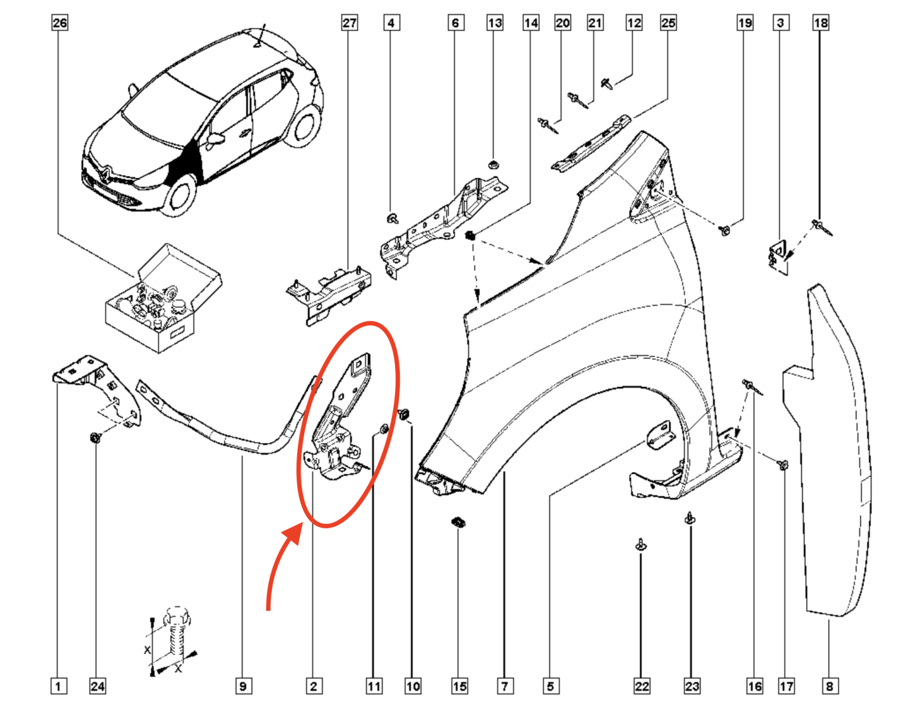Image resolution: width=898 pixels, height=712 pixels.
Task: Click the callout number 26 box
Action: pos(60,23)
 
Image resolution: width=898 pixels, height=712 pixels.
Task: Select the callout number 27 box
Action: pos(350,23)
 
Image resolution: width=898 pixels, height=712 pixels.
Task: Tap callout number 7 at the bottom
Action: pos(504,686)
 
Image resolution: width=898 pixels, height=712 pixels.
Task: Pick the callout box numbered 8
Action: pos(829,686)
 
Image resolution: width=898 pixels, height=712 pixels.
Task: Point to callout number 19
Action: pos(745,23)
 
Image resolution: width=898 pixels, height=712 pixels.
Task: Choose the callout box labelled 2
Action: pos(314,686)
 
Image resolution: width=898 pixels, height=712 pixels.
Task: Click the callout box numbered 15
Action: pos(460,686)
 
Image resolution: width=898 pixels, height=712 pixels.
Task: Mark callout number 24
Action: pos(98,686)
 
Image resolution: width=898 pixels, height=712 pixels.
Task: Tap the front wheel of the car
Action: pos(180,196)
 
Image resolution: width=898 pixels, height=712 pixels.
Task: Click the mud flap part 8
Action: pos(836,451)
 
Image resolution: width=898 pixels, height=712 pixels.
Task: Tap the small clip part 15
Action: pos(458,523)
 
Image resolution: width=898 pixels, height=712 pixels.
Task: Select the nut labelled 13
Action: pos(493,164)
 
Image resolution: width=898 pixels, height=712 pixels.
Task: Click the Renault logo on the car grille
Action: pos(103,173)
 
